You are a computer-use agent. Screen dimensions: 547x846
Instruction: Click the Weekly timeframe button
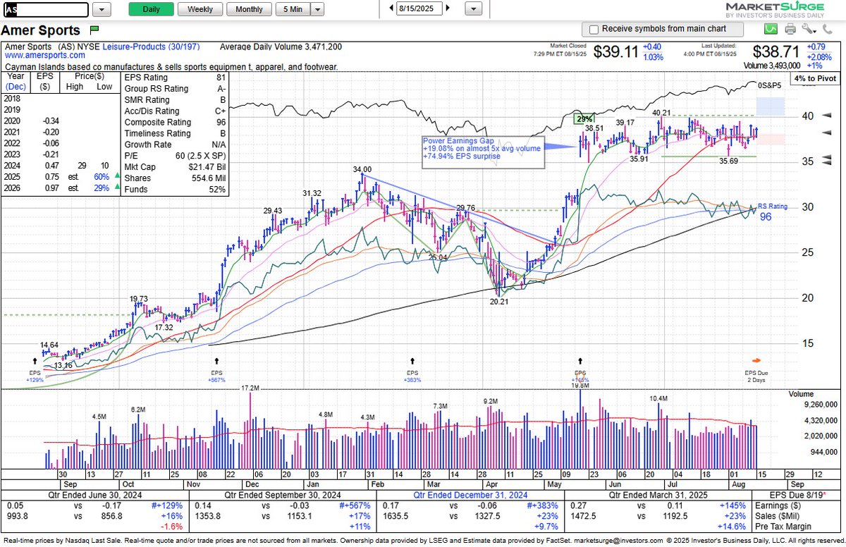point(200,9)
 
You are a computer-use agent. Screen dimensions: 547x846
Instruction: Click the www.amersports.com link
point(40,55)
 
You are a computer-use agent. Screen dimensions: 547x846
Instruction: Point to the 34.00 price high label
point(362,170)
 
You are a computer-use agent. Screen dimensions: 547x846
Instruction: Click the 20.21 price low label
point(500,301)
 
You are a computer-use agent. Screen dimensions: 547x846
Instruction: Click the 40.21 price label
point(661,113)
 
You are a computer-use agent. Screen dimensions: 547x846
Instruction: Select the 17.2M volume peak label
point(250,388)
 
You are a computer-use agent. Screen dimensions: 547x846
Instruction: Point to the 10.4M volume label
point(658,399)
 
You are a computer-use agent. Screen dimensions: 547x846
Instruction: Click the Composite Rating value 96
point(221,122)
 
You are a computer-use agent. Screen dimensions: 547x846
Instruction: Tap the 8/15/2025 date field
point(421,9)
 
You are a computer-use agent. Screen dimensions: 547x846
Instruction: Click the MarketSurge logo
point(783,10)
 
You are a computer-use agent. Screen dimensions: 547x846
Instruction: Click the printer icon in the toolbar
point(790,29)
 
